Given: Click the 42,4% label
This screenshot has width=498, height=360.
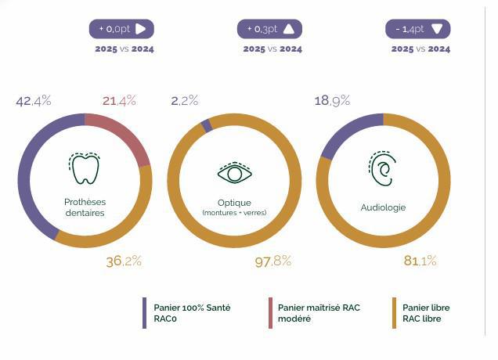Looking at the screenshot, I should (34, 100).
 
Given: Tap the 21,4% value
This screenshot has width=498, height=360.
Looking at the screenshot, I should (119, 100).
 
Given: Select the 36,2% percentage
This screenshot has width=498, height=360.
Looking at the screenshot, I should (124, 261).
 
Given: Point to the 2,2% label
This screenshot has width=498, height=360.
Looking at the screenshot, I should (184, 100).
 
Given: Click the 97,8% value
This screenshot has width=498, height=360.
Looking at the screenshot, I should (273, 261).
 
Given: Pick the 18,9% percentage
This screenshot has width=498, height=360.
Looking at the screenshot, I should (332, 100).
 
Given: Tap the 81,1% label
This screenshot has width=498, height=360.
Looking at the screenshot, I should (420, 261).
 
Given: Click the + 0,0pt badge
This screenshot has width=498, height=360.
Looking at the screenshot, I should (121, 29).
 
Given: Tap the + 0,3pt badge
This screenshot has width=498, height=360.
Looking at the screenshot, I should (269, 29).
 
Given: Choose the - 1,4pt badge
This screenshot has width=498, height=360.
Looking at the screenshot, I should (417, 29).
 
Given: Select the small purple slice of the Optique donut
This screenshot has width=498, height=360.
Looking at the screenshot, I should (206, 125).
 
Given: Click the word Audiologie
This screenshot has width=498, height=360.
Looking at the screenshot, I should (382, 207).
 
